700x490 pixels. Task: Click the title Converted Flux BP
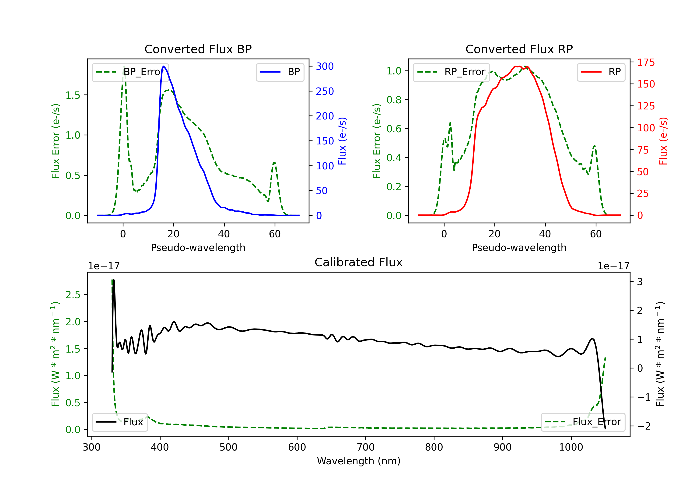(x=198, y=49)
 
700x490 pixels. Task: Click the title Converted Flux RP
(x=519, y=49)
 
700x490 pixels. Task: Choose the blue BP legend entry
(x=280, y=72)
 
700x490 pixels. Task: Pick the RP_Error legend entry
(x=451, y=72)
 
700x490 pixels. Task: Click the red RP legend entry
(x=601, y=72)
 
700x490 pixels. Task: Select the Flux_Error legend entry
(x=583, y=422)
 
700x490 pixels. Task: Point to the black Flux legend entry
(x=119, y=422)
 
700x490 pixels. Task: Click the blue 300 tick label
(x=325, y=66)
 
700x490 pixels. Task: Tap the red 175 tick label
(x=646, y=62)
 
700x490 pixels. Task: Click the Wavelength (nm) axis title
(x=359, y=461)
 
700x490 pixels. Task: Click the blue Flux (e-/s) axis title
(x=342, y=141)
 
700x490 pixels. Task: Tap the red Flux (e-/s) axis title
(x=663, y=141)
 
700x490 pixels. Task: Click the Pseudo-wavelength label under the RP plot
(x=519, y=248)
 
